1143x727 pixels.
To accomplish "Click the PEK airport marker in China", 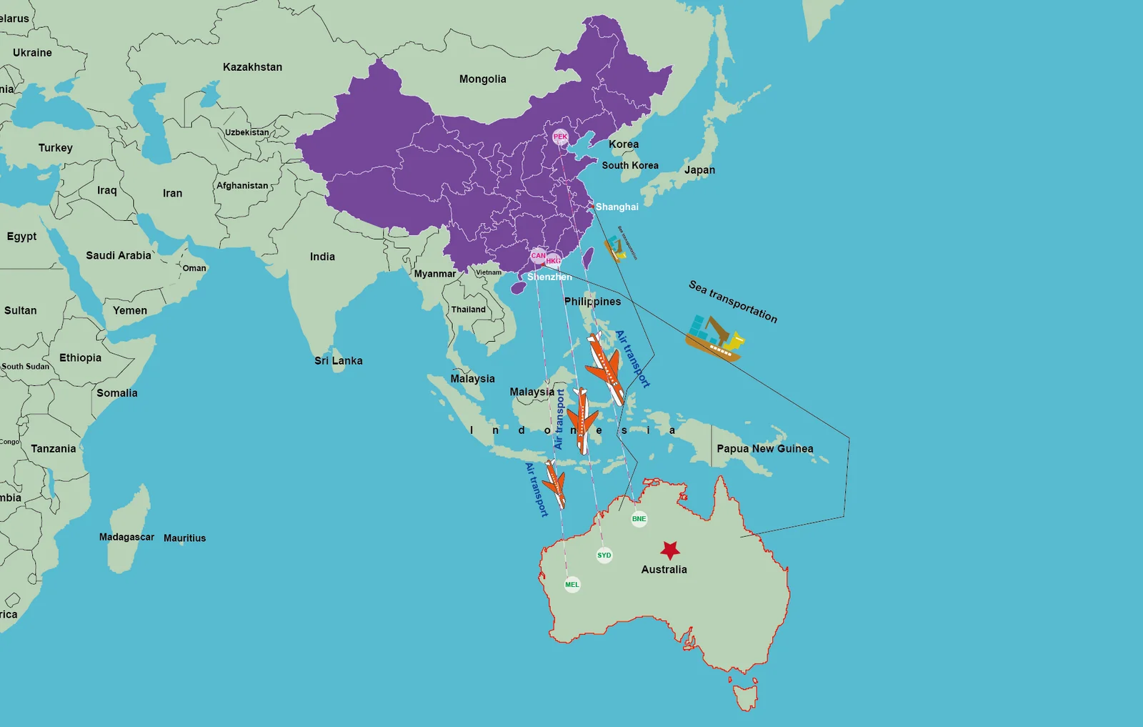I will [560, 137].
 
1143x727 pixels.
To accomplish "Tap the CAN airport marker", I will [538, 255].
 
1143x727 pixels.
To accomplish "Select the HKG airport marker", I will [554, 261].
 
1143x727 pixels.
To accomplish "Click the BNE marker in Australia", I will [639, 519].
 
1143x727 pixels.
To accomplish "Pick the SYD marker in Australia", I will [604, 555].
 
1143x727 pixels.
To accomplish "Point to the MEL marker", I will [572, 585].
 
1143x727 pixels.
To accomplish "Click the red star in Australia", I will [669, 550].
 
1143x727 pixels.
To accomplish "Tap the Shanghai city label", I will [617, 207].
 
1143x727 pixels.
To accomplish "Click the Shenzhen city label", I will [549, 277].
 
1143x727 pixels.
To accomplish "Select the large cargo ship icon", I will [714, 337].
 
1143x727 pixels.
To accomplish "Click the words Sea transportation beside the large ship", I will [732, 301].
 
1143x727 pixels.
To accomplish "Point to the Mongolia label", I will [482, 79].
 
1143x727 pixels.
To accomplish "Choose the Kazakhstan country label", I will [252, 67].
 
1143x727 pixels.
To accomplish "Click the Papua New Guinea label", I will [764, 449].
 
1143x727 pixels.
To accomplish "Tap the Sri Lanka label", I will [339, 361].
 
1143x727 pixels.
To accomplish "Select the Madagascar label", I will [126, 537].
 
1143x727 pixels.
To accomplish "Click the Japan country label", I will [699, 170].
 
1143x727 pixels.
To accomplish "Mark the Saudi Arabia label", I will [119, 256].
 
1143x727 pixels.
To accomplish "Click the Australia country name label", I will [664, 570].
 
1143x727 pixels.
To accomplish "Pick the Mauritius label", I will [184, 538].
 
